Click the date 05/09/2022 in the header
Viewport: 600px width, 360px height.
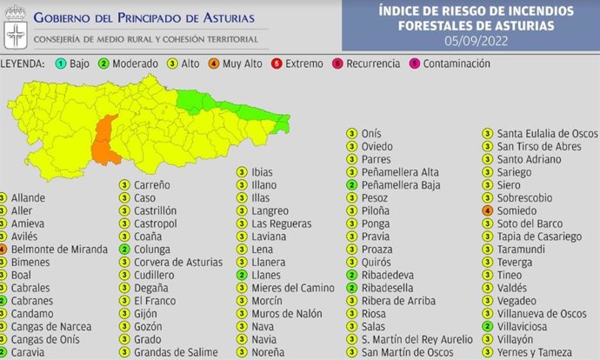476,40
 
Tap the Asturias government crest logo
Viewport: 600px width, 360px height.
16,30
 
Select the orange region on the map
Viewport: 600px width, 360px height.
107,141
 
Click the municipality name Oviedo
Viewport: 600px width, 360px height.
377,146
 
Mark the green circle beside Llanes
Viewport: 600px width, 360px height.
242,275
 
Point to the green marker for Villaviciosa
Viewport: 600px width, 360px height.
488,326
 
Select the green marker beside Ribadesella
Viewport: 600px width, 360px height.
351,288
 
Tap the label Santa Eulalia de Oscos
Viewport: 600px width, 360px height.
547,133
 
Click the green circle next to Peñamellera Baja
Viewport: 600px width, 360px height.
351,185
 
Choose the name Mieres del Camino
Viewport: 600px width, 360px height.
287,288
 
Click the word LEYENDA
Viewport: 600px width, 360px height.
23,64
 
